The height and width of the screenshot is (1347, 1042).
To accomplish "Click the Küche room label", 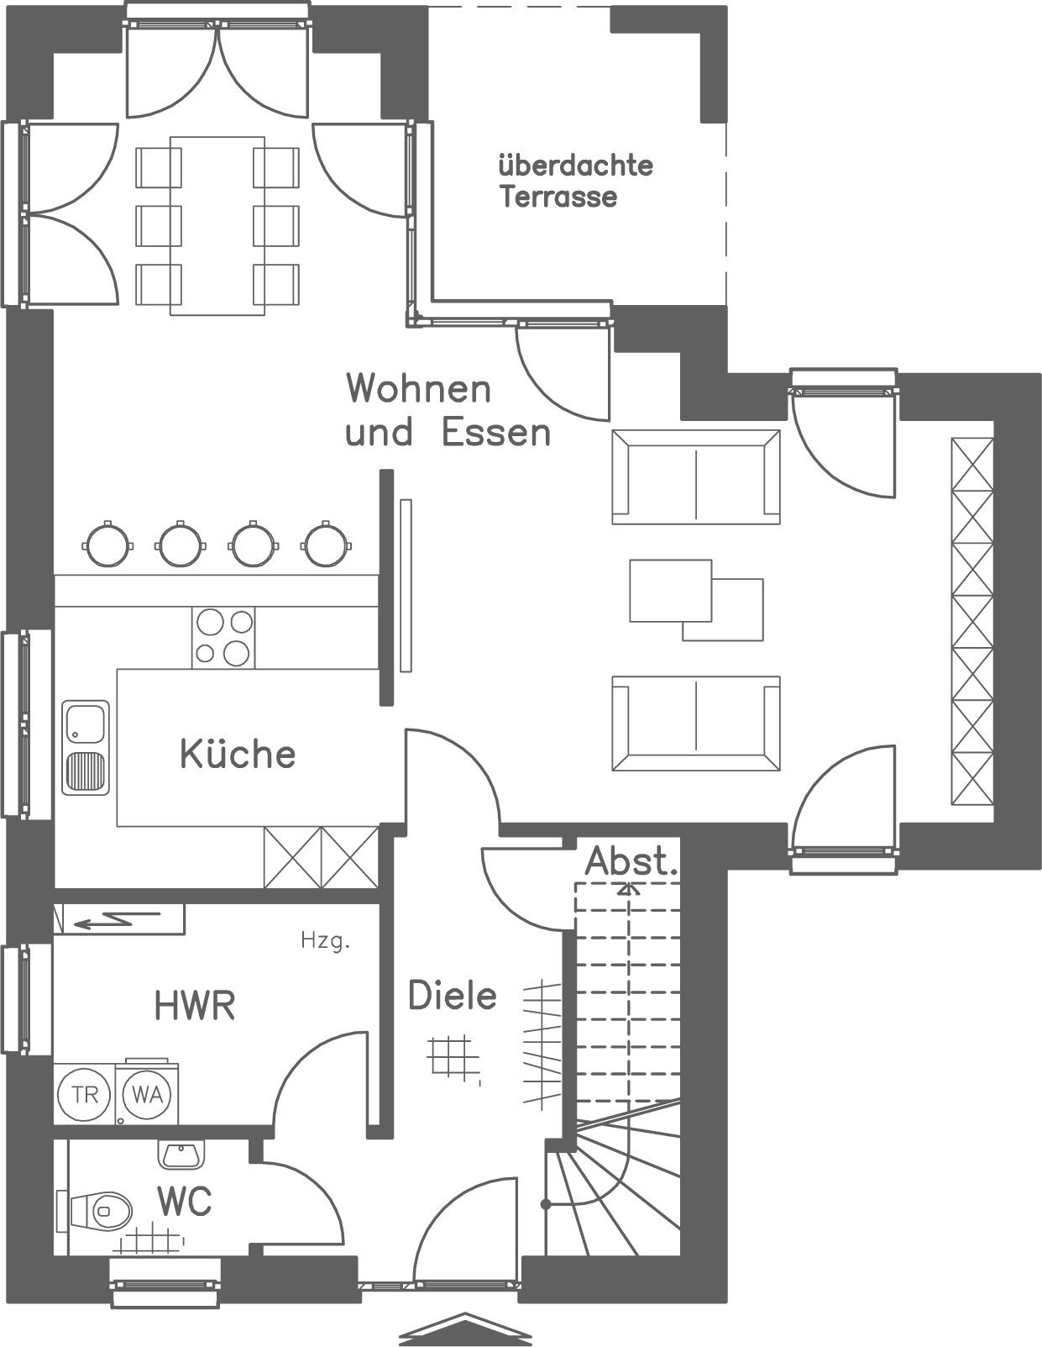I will click(x=238, y=754).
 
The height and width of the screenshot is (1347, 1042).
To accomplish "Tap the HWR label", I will click(x=195, y=1005).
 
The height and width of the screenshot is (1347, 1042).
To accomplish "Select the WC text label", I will click(x=185, y=1202).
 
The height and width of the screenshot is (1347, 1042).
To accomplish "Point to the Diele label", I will click(x=452, y=996).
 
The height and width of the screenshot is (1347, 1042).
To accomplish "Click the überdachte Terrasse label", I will click(x=575, y=181).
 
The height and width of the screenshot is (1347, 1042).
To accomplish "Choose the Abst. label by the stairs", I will click(x=631, y=861).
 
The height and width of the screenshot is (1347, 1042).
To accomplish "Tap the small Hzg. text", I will click(x=325, y=941).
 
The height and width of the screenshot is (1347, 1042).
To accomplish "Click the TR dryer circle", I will click(x=85, y=1095).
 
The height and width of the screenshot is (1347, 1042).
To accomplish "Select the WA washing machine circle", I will click(x=147, y=1095).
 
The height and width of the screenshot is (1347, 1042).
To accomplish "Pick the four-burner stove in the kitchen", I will click(x=223, y=637).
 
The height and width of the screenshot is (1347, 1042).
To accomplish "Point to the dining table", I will click(x=217, y=225).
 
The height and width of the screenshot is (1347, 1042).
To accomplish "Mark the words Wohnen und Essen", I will click(x=448, y=412).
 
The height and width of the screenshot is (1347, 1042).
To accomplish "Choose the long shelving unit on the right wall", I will click(x=971, y=622).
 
